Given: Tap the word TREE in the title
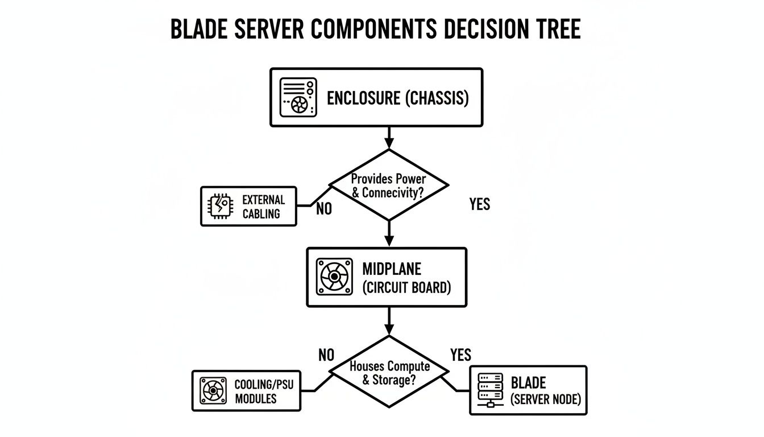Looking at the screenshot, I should (556, 28).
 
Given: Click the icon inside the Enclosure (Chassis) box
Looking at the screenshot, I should (297, 97).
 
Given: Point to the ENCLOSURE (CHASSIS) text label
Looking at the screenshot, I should (397, 98).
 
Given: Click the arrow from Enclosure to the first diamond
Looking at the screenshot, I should (389, 137).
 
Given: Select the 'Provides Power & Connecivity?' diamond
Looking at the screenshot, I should (389, 185).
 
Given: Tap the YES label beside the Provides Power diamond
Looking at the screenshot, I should (480, 204).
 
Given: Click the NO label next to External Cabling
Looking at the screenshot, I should (323, 209).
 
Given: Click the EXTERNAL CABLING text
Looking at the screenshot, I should (263, 207).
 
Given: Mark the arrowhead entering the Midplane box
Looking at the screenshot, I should (389, 241).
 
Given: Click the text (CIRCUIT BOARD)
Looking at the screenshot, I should (406, 287).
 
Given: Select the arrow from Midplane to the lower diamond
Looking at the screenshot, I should (389, 321).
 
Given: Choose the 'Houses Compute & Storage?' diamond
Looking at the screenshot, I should (389, 372).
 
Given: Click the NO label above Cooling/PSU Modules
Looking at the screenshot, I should (326, 356).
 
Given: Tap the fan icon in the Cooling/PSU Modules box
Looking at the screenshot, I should (214, 390).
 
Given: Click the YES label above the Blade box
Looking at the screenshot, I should (460, 355).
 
